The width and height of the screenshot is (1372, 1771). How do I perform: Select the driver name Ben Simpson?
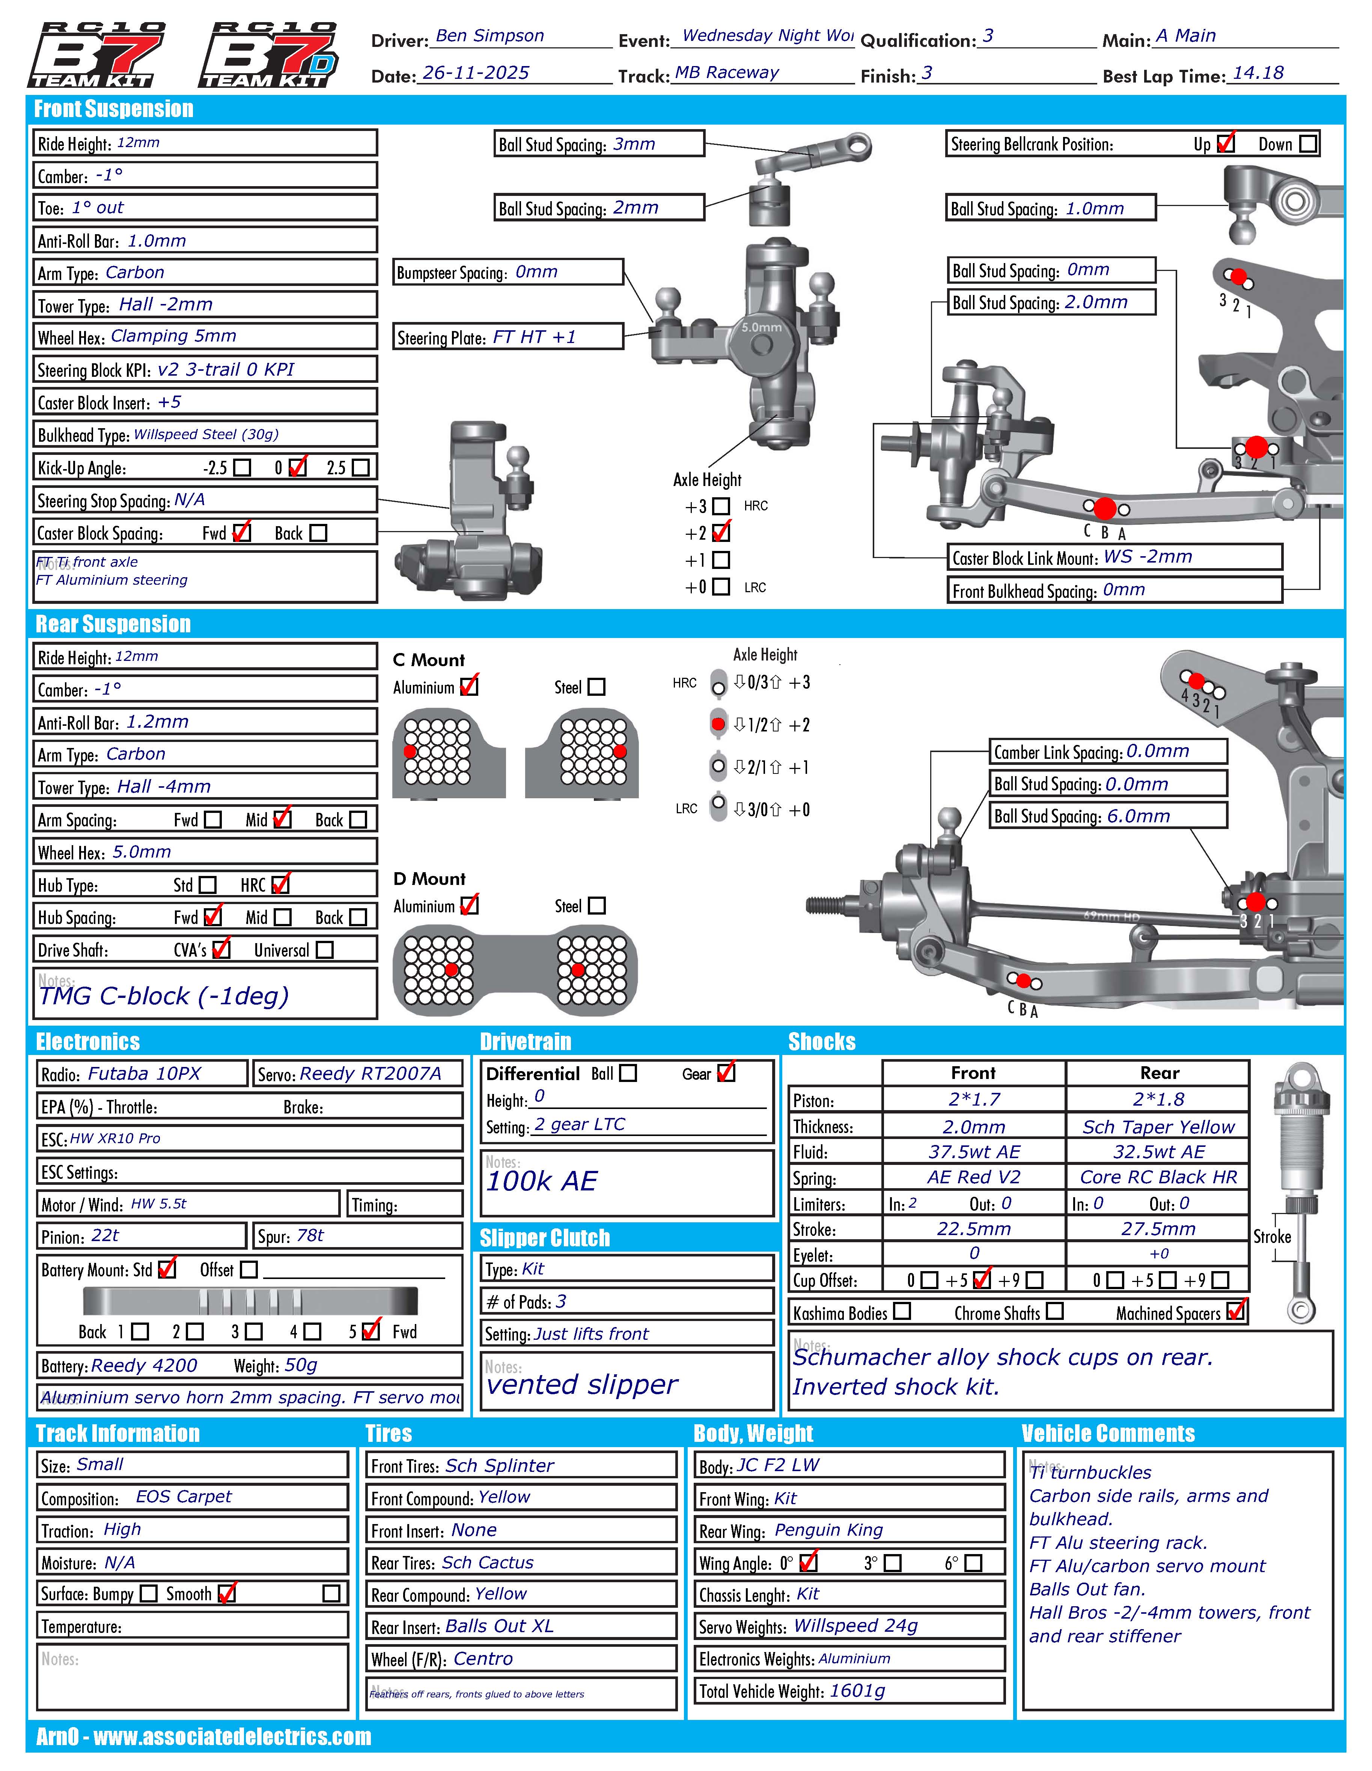[490, 36]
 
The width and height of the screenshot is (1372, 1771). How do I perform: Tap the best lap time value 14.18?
[1258, 73]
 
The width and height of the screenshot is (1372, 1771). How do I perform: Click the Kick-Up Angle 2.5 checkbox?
[361, 468]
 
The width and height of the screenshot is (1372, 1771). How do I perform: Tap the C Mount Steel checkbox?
[597, 687]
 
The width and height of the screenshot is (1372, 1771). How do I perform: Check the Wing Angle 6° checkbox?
[974, 1563]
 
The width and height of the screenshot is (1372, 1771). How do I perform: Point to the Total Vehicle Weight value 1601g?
[856, 1691]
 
